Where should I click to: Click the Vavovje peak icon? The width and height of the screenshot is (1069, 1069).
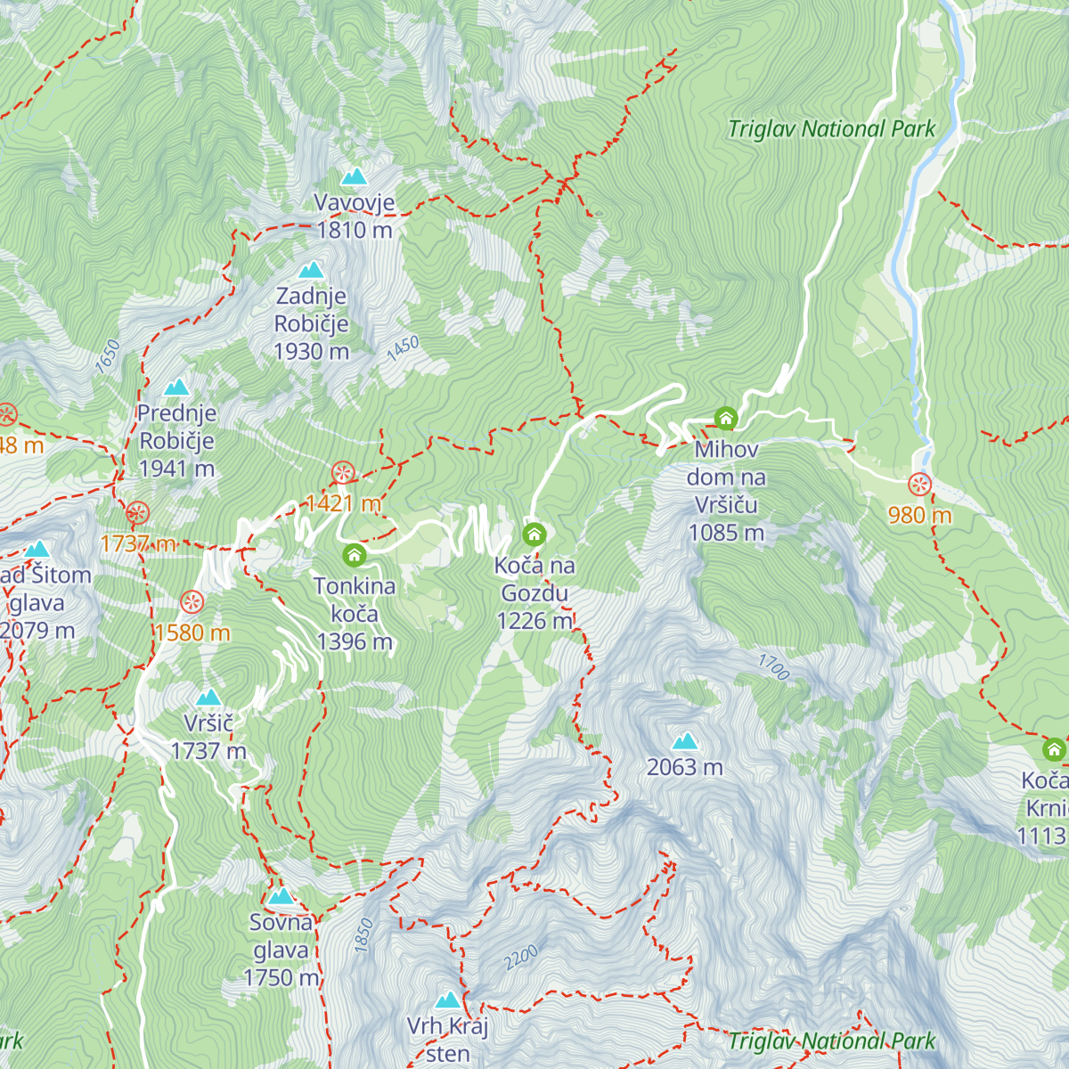click(x=355, y=176)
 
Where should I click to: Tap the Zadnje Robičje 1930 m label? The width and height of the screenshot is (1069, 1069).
click(x=311, y=323)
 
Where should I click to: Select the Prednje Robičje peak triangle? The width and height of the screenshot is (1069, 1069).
click(x=176, y=388)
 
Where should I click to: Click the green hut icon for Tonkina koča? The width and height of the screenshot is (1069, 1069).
click(x=354, y=556)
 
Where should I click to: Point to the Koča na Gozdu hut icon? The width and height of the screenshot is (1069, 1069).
click(x=534, y=534)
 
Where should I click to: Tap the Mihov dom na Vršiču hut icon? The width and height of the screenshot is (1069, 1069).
click(x=726, y=418)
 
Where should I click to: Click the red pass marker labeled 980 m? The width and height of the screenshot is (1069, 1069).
click(x=919, y=486)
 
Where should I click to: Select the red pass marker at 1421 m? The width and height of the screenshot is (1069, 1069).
click(x=342, y=473)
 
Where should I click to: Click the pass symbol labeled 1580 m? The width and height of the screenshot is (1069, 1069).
click(x=192, y=603)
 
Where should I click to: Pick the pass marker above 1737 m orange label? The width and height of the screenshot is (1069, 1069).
click(x=137, y=513)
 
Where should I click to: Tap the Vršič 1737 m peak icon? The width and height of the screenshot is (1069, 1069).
click(x=208, y=697)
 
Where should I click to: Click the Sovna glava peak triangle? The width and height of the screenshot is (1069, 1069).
click(x=281, y=896)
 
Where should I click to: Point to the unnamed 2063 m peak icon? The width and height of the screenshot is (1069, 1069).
click(x=685, y=741)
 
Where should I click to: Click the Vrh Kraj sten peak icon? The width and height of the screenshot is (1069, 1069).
click(x=448, y=1000)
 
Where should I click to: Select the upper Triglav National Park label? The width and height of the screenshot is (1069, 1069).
click(x=831, y=129)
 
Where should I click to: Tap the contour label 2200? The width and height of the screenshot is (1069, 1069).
click(x=521, y=958)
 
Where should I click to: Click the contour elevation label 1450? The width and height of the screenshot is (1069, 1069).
click(x=403, y=347)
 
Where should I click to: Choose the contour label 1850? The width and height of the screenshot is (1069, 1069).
click(x=363, y=935)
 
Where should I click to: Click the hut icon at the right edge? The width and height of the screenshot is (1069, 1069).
click(x=1054, y=748)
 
